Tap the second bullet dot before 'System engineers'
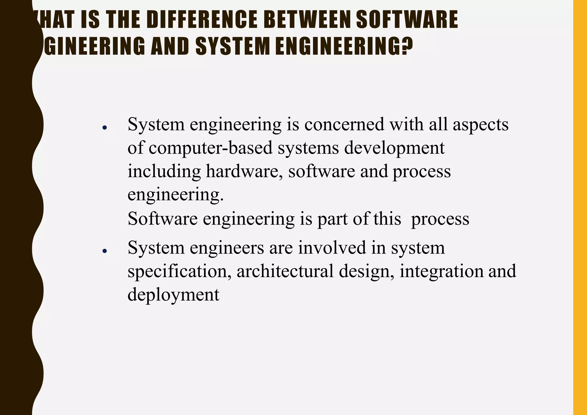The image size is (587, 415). pyautogui.click(x=105, y=251)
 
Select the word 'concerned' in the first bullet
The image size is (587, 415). pyautogui.click(x=344, y=124)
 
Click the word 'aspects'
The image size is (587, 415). pyautogui.click(x=481, y=124)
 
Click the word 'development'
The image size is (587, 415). pyautogui.click(x=394, y=148)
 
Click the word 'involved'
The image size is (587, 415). pyautogui.click(x=332, y=248)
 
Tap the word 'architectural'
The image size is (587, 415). pyautogui.click(x=285, y=271)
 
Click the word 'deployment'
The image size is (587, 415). pyautogui.click(x=173, y=295)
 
